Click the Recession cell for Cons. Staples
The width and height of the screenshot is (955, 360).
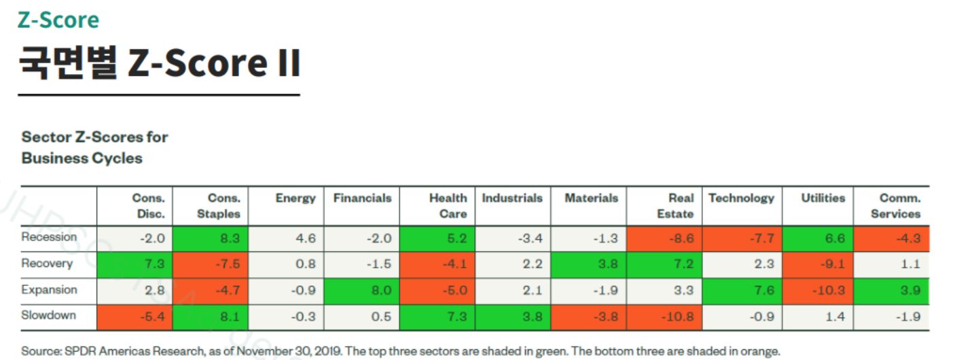[x=210, y=238]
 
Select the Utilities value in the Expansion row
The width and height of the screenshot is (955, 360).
[x=818, y=291]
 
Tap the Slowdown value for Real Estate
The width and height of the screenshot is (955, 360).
[x=664, y=317]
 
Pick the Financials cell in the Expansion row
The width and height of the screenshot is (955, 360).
[x=361, y=291]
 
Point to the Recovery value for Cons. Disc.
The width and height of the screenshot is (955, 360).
[x=134, y=264]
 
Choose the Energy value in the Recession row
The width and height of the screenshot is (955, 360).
[x=286, y=238]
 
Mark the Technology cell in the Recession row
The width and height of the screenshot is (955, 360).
[x=742, y=238]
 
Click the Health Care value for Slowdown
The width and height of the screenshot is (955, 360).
[x=437, y=317]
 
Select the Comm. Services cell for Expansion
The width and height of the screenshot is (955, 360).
[x=891, y=291]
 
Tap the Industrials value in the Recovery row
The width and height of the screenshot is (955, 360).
[x=513, y=264]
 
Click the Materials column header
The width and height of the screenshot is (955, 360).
[x=592, y=198]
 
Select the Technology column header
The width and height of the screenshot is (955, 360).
[x=742, y=199]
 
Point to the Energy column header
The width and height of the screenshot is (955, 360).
[x=295, y=199]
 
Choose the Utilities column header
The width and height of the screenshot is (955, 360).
[x=823, y=198]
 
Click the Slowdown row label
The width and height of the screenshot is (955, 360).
[x=49, y=315]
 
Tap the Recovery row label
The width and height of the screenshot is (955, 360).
[x=47, y=264]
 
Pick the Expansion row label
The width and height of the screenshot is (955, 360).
[x=49, y=290]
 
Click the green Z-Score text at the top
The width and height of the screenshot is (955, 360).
[x=58, y=20]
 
